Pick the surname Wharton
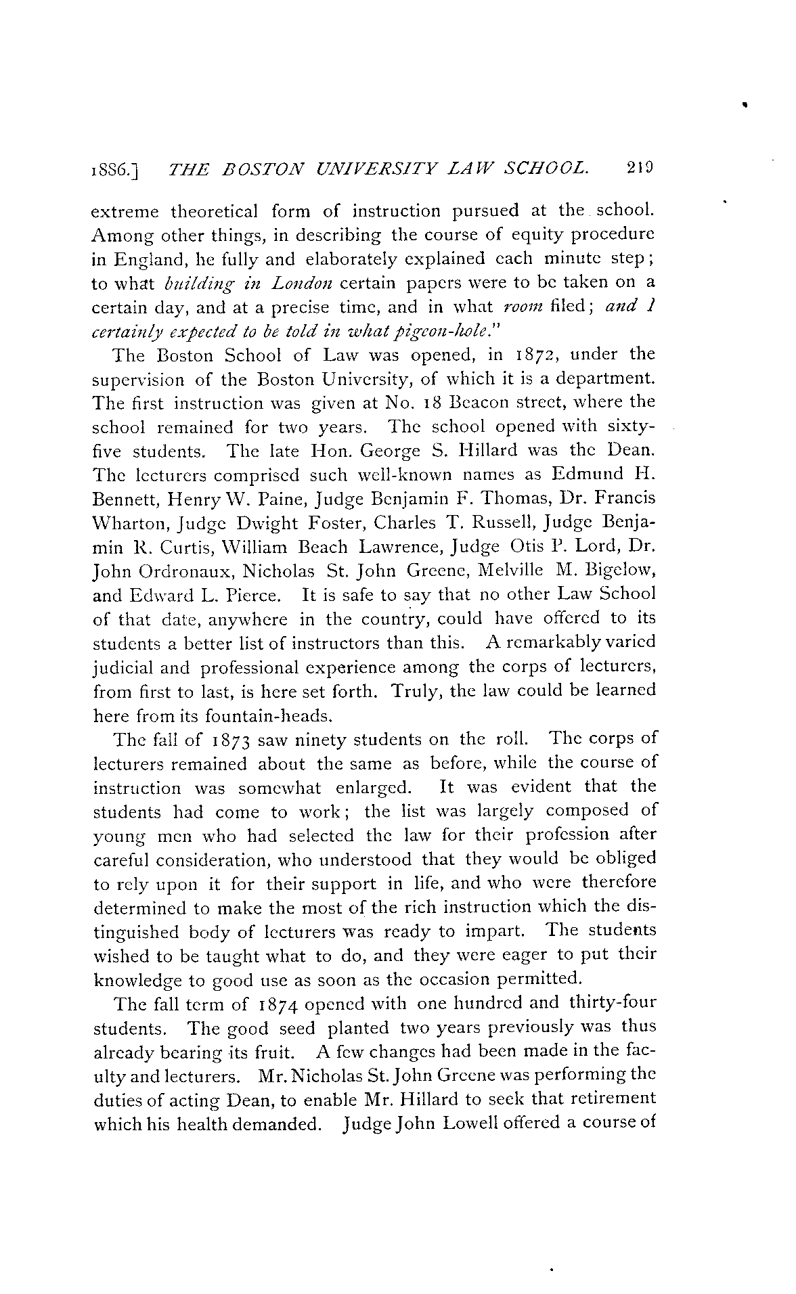[x=116, y=522]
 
